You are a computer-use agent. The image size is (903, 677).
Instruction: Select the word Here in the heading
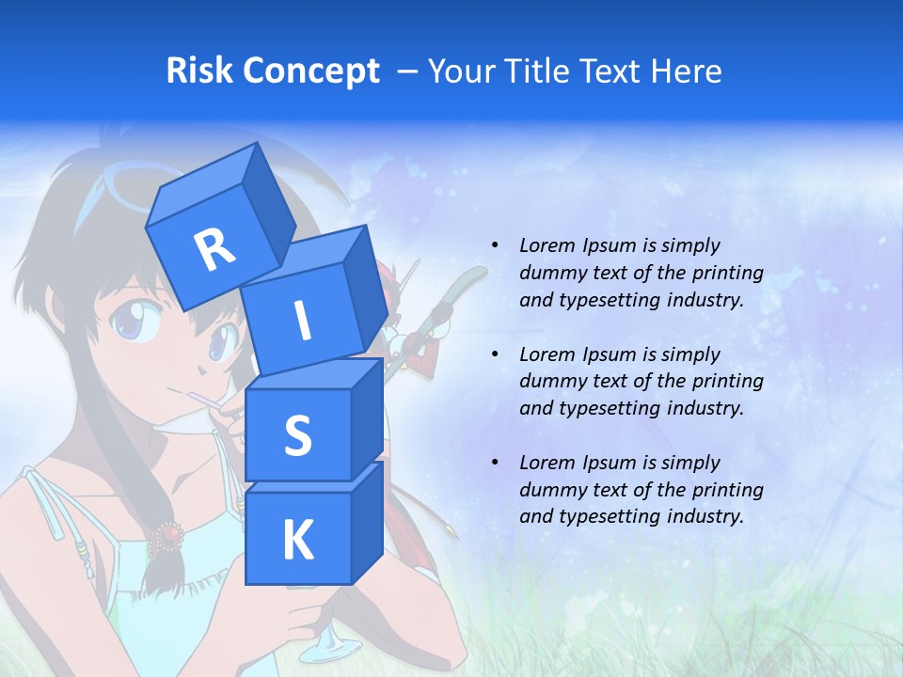click(689, 71)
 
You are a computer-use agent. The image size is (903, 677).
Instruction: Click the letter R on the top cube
click(214, 249)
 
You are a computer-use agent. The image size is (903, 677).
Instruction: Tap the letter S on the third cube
click(297, 435)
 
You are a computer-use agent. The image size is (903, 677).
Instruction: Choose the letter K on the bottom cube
click(297, 540)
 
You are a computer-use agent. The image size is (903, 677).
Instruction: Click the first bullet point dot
click(495, 245)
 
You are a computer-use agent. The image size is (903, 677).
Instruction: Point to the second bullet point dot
click(495, 354)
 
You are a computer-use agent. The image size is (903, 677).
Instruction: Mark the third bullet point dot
click(495, 463)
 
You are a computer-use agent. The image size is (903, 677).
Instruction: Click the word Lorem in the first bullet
click(546, 245)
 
